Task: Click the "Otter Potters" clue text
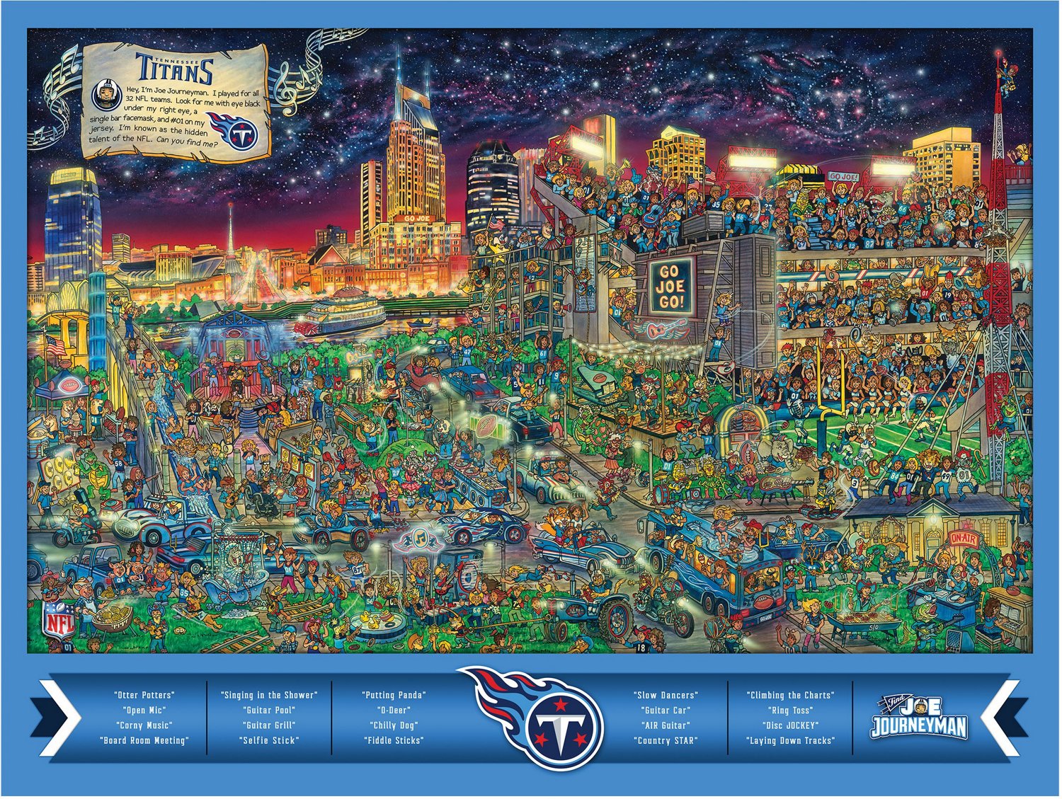(144, 695)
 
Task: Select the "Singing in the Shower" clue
(269, 695)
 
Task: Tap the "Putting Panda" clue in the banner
(394, 695)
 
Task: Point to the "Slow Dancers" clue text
(666, 695)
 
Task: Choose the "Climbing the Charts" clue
(790, 695)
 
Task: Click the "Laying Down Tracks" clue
(790, 740)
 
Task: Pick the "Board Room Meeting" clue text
(144, 740)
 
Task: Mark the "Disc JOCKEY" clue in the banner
(790, 725)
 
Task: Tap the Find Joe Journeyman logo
(918, 718)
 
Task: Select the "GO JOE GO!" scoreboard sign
(669, 286)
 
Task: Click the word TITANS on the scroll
(174, 69)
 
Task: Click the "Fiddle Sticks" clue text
(394, 740)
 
